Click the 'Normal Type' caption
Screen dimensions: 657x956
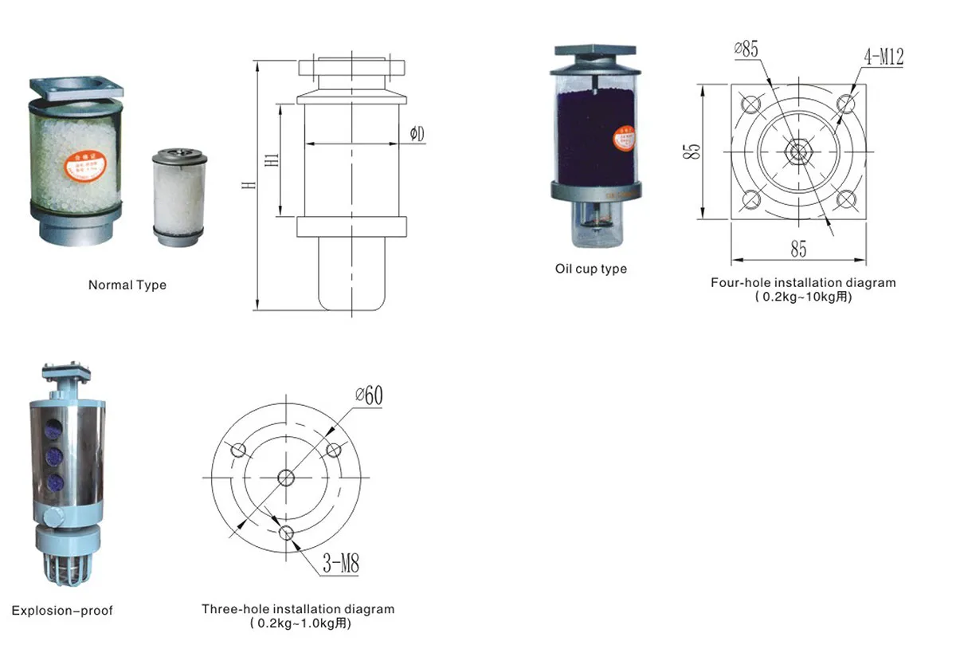pos(127,285)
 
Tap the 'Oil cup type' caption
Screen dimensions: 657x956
pos(590,269)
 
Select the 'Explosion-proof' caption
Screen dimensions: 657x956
pos(62,611)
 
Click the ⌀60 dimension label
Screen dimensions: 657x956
pos(369,395)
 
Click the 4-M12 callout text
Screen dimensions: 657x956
pos(882,57)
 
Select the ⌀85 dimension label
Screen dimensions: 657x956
pos(746,49)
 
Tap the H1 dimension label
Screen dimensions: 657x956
pos(272,159)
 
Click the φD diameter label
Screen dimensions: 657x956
pos(417,134)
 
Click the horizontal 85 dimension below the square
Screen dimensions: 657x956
pos(798,250)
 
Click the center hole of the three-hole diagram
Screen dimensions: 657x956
pos(286,478)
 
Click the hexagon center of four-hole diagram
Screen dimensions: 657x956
pos(797,151)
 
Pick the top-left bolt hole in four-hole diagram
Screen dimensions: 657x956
pos(750,104)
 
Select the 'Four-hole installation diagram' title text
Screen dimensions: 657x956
pos(803,282)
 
